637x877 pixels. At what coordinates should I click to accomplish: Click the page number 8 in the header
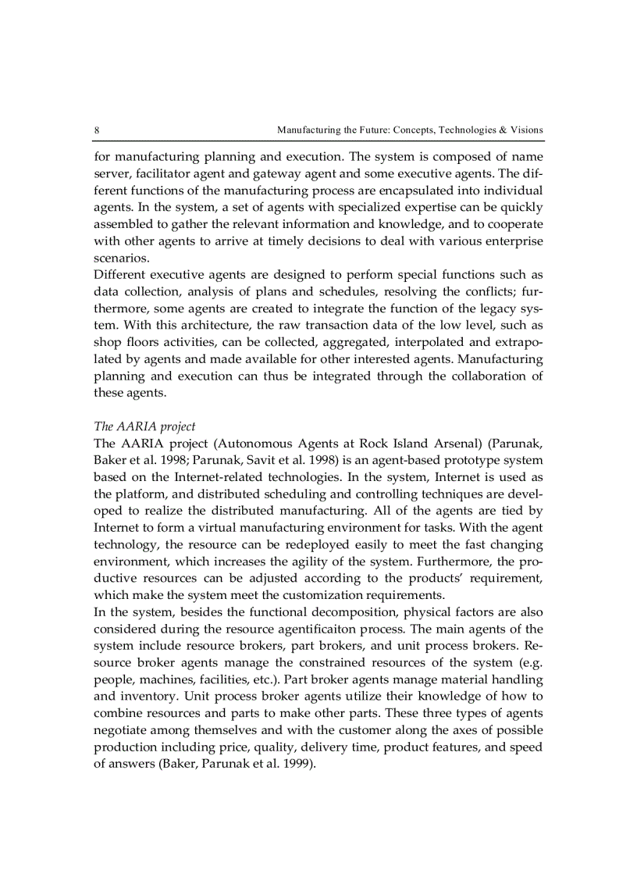[x=96, y=130]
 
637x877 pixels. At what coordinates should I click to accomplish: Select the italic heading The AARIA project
[x=144, y=426]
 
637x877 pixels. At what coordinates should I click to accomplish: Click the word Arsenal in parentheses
[x=446, y=444]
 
